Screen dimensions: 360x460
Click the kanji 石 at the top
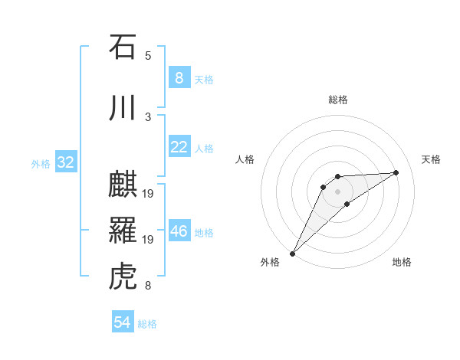(123, 47)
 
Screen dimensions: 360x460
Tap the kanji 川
(123, 108)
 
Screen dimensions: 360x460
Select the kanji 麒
(123, 186)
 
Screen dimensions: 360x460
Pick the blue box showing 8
(179, 78)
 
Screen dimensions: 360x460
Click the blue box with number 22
(179, 147)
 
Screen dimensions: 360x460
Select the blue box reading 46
(179, 231)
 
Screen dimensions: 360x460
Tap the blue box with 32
(65, 162)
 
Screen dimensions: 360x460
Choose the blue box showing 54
(122, 322)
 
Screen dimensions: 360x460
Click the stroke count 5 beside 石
(147, 55)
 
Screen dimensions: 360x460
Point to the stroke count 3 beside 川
(147, 116)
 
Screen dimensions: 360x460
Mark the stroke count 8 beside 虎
(147, 286)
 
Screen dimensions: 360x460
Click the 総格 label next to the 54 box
(147, 324)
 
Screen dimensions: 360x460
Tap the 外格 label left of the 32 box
(41, 163)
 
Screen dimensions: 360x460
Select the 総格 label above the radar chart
(337, 100)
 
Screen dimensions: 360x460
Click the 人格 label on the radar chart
(245, 159)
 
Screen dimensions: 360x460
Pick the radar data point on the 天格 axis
(396, 172)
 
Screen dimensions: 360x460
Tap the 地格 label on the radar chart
(402, 262)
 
